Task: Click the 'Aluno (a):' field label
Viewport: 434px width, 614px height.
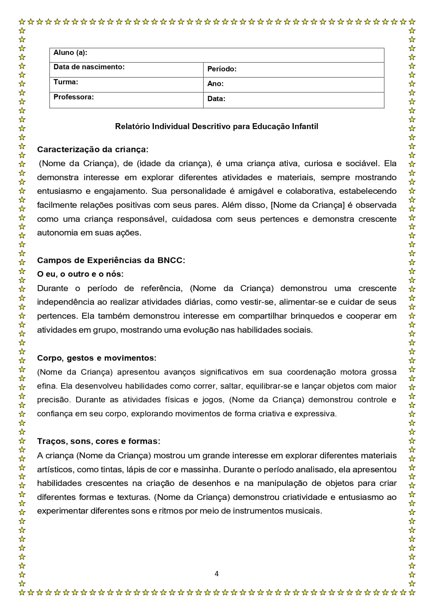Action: pyautogui.click(x=70, y=53)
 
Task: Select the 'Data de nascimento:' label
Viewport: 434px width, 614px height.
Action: pyautogui.click(x=89, y=67)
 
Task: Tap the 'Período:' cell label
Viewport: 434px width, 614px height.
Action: pyautogui.click(x=222, y=69)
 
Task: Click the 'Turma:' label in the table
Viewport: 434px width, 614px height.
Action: pyautogui.click(x=66, y=82)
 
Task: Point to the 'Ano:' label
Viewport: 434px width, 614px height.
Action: pyautogui.click(x=215, y=84)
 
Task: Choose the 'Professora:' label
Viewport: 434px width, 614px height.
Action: pyautogui.click(x=73, y=97)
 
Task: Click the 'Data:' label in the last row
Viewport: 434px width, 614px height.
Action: pyautogui.click(x=216, y=99)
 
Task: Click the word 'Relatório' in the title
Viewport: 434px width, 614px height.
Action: pyautogui.click(x=133, y=126)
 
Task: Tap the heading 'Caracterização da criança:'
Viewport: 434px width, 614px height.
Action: pyautogui.click(x=93, y=149)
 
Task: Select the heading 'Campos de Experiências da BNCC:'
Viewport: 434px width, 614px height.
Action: pyautogui.click(x=111, y=260)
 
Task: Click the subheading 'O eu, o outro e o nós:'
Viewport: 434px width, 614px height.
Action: pyautogui.click(x=80, y=274)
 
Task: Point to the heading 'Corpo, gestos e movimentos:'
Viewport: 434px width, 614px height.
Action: pyautogui.click(x=97, y=358)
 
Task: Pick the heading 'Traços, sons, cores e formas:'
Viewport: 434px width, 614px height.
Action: pyautogui.click(x=99, y=441)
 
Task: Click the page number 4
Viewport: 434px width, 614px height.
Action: pyautogui.click(x=216, y=573)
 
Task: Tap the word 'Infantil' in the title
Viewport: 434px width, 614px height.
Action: pyautogui.click(x=305, y=126)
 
